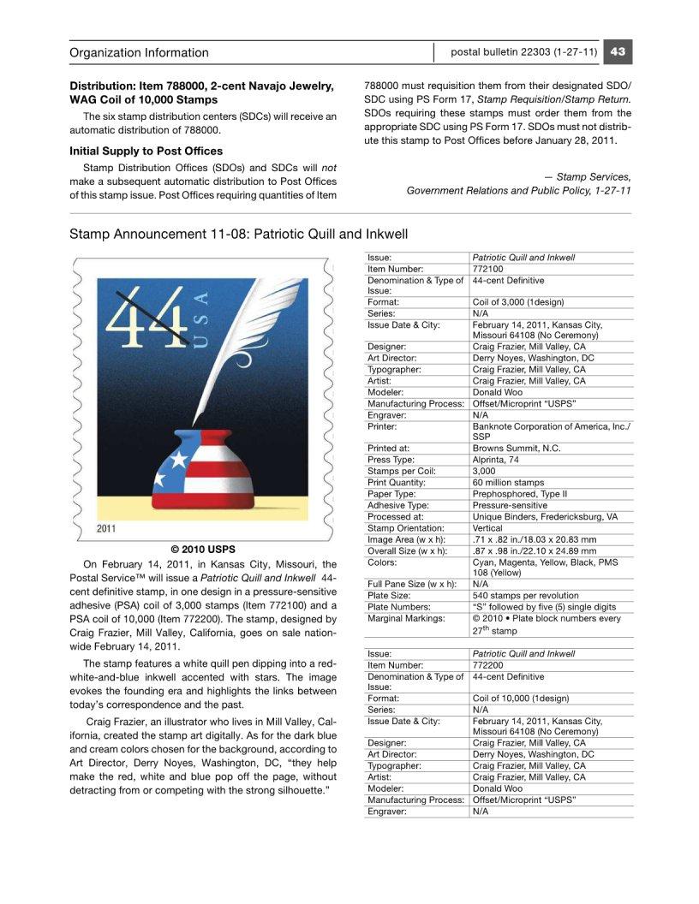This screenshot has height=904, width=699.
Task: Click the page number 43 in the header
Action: click(618, 51)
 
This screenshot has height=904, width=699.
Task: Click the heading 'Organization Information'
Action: click(139, 52)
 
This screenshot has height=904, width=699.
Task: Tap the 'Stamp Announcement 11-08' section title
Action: click(239, 234)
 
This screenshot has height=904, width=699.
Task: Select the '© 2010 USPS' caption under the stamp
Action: click(203, 549)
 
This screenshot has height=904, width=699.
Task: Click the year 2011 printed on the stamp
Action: click(106, 527)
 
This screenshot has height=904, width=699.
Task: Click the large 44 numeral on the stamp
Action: click(146, 317)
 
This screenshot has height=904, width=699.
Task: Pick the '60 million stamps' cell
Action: click(508, 483)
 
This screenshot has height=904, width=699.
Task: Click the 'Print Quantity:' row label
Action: click(397, 483)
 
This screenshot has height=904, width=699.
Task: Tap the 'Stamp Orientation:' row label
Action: click(405, 528)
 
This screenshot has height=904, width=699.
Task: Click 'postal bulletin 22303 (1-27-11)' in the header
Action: click(523, 51)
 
